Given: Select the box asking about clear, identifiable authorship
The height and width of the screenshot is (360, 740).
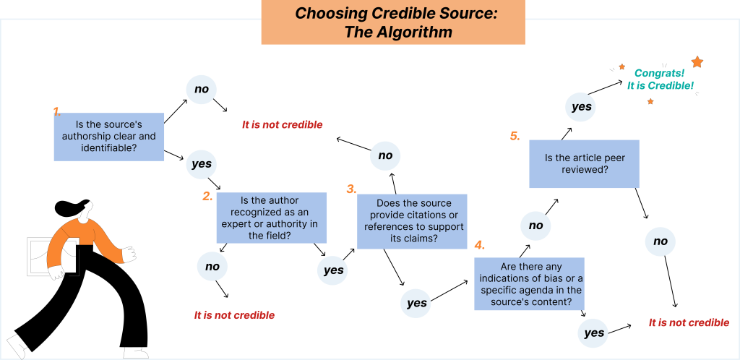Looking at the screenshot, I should [108, 137].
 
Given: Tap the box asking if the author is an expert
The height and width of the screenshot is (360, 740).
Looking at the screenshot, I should [272, 218].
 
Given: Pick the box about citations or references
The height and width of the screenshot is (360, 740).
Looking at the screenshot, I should [413, 221].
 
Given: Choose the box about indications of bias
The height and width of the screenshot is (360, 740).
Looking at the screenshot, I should [528, 284].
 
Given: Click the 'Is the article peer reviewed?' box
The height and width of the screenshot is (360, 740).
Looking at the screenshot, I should [584, 163].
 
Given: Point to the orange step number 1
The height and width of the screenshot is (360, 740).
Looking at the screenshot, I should [56, 111].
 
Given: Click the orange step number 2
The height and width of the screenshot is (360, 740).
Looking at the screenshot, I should [207, 195].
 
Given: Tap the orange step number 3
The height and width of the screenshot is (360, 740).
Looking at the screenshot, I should [351, 189].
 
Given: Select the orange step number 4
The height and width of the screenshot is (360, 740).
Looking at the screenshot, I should [479, 244].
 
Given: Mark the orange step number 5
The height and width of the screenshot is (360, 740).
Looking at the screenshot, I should [515, 135].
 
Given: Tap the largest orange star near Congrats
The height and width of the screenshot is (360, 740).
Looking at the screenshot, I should [697, 62].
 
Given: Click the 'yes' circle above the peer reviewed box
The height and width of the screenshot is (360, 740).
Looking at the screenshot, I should [581, 107].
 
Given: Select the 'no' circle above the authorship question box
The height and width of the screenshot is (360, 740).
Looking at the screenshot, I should [202, 90].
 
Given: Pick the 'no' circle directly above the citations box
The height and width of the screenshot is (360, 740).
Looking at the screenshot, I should [385, 155].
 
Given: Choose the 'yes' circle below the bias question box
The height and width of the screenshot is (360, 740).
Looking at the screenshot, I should [593, 333].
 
